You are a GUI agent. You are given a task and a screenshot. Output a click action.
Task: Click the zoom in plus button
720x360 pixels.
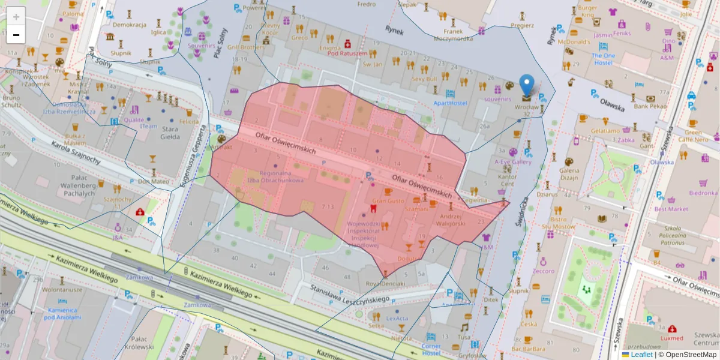[x=16, y=17]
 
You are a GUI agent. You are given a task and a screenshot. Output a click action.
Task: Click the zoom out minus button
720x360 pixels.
[x=16, y=35]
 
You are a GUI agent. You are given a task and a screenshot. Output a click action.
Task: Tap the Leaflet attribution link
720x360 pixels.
[x=641, y=355]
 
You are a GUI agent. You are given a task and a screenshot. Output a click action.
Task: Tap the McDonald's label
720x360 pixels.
[x=574, y=42]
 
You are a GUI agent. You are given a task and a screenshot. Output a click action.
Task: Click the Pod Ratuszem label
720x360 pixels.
[x=347, y=53]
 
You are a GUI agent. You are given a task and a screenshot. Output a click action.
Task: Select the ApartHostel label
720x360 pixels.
[x=450, y=103]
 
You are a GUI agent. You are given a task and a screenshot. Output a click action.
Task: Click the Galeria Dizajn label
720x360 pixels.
[x=569, y=173]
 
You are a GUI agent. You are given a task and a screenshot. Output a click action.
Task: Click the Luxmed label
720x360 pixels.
[x=671, y=338]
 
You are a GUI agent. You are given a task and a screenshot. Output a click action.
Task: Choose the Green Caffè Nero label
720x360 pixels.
[x=692, y=136]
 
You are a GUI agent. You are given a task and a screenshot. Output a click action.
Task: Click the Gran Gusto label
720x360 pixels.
[x=388, y=201]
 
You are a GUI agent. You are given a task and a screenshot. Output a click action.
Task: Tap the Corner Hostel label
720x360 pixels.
[x=431, y=349]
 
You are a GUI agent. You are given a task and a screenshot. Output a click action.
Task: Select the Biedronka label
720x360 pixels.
[x=703, y=193]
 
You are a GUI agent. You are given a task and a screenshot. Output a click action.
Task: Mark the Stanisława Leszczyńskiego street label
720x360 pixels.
[x=351, y=294]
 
